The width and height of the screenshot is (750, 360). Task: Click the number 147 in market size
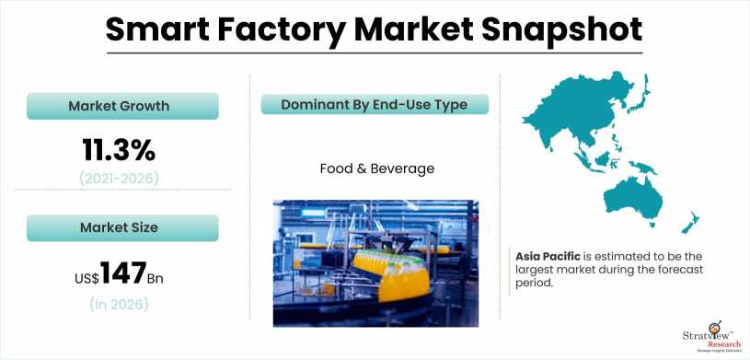124,273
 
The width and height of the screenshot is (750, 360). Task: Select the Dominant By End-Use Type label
374,105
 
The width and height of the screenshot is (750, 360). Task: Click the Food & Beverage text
377,168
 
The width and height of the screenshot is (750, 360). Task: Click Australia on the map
635,198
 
